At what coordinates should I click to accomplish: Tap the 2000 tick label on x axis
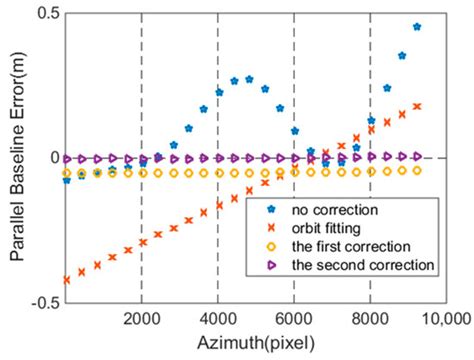pyautogui.click(x=142, y=318)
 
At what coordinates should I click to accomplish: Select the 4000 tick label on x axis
pyautogui.click(x=218, y=318)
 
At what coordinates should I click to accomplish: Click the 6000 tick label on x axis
pyautogui.click(x=294, y=318)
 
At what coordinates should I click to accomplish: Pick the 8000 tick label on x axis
pyautogui.click(x=370, y=318)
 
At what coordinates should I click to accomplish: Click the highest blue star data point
pyautogui.click(x=416, y=27)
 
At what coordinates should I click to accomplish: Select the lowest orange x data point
pyautogui.click(x=66, y=280)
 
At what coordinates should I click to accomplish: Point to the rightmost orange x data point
pyautogui.click(x=416, y=106)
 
